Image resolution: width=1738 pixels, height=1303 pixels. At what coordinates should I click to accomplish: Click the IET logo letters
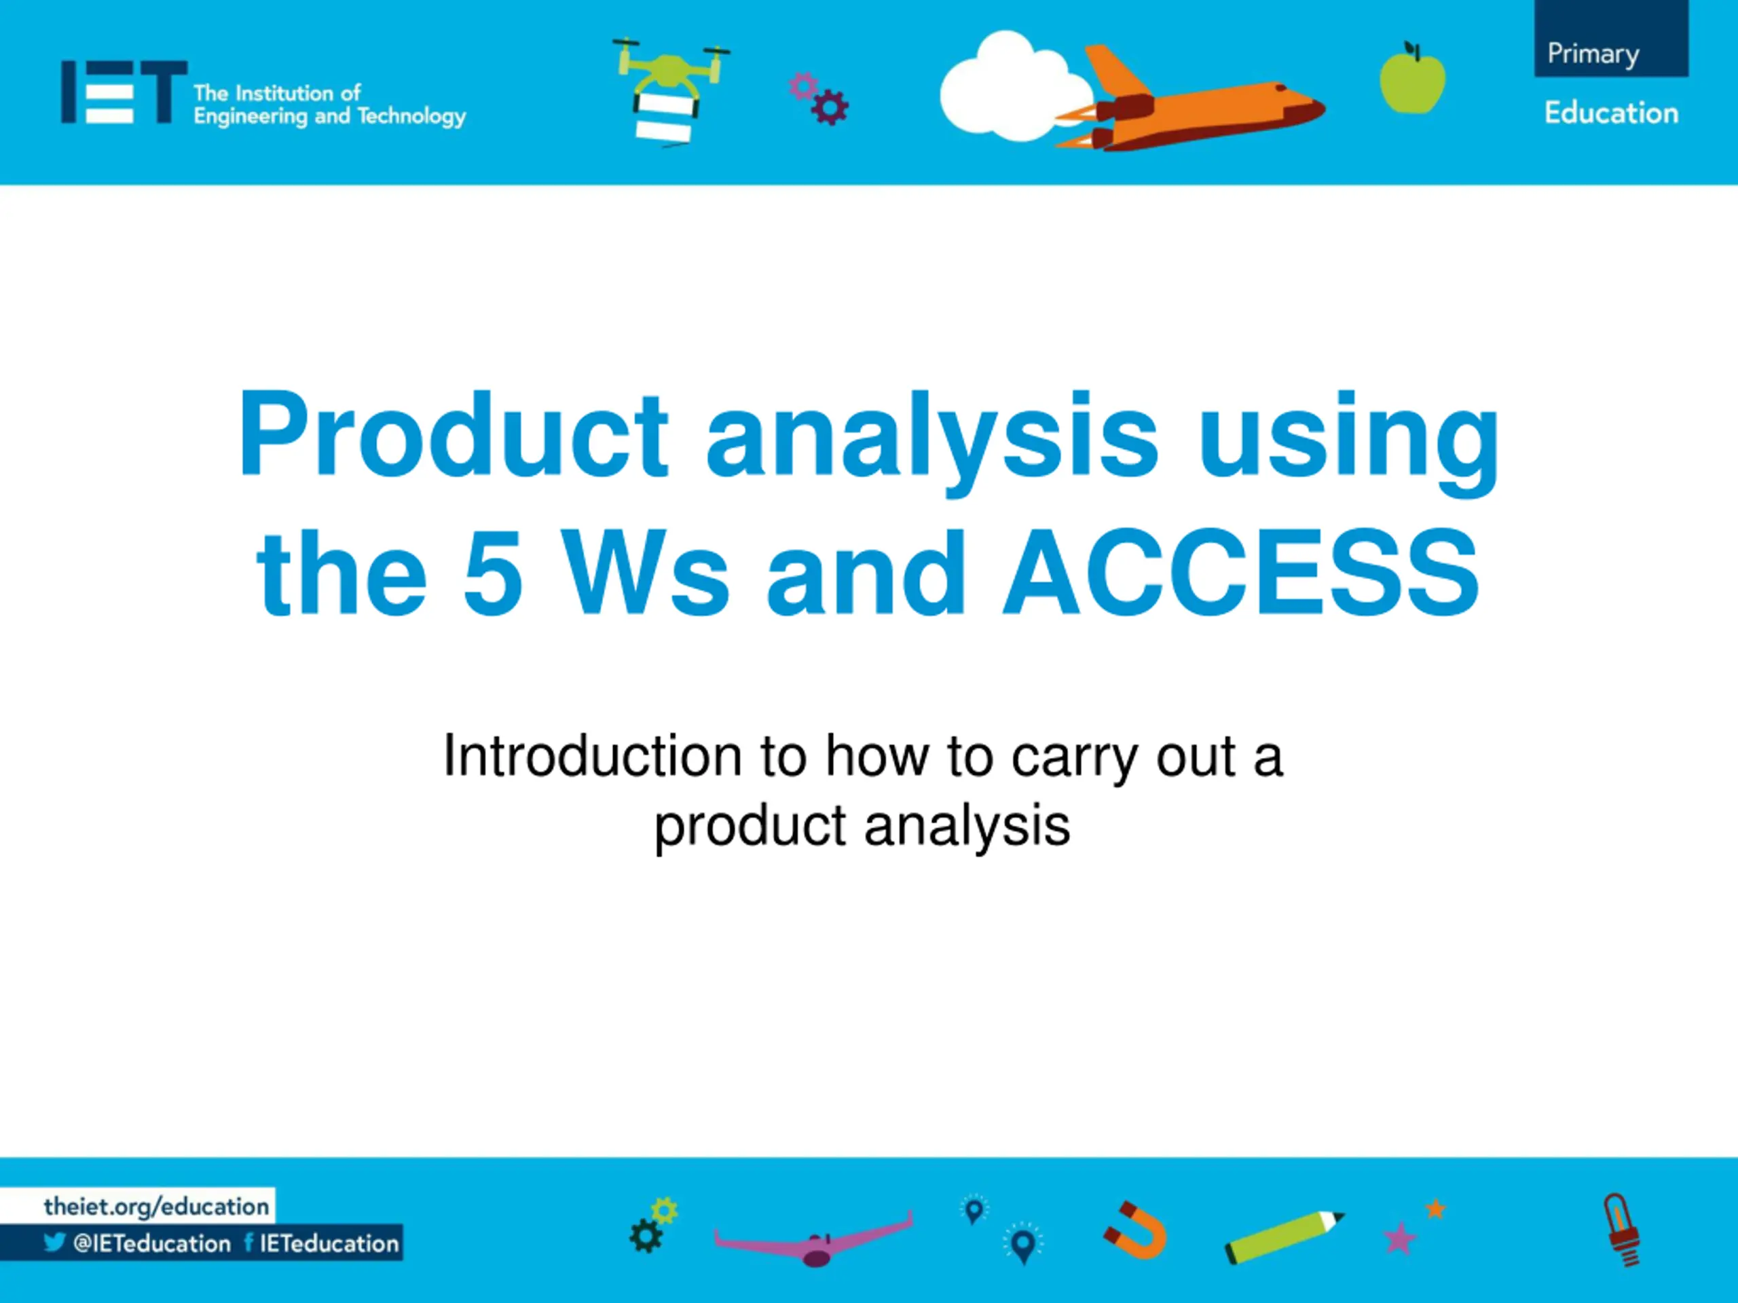[x=124, y=92]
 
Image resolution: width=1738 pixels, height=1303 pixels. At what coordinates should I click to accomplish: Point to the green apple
[x=1412, y=78]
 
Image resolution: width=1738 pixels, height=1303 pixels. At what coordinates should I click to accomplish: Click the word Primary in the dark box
[x=1593, y=54]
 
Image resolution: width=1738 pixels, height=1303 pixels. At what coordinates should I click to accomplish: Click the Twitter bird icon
[x=54, y=1243]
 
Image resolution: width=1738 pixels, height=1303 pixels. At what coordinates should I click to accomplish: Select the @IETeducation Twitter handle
[x=151, y=1243]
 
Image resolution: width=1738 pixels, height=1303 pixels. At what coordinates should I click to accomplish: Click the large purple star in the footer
[x=1399, y=1239]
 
